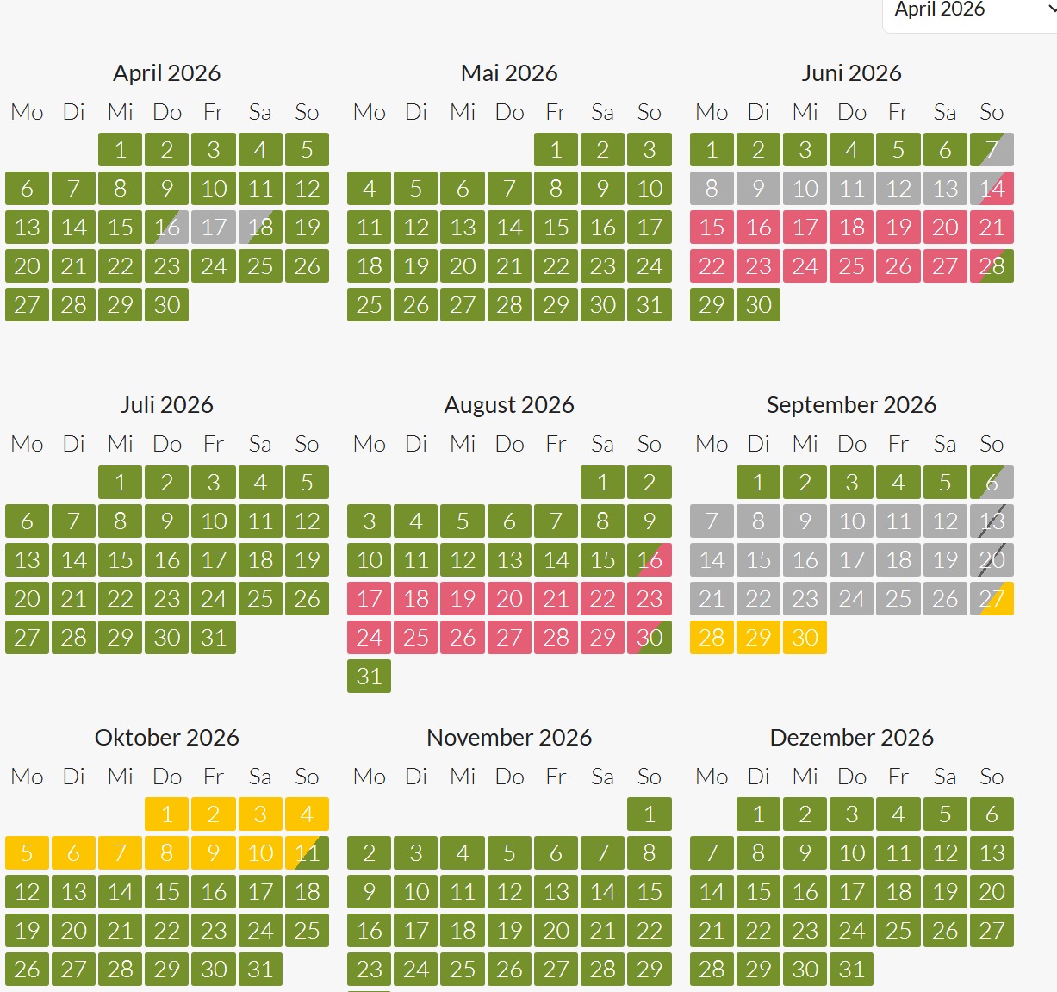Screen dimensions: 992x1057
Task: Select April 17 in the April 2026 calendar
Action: [x=214, y=228]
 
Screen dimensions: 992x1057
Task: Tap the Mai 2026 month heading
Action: [x=509, y=73]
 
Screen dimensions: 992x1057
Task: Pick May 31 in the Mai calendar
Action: [x=650, y=305]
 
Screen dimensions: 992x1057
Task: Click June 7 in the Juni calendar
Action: [x=992, y=150]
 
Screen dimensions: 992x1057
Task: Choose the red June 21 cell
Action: [x=992, y=228]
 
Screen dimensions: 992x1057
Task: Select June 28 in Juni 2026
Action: [x=992, y=266]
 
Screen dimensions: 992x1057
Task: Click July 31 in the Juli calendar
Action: [x=214, y=638]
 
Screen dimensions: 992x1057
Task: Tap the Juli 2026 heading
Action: [x=167, y=405]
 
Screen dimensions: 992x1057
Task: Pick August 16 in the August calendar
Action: [x=650, y=560]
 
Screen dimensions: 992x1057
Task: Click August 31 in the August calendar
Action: [x=370, y=677]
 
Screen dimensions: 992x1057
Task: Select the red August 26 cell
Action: [x=463, y=638]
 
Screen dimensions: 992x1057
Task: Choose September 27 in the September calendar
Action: [x=992, y=599]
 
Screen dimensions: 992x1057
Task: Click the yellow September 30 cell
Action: [x=805, y=638]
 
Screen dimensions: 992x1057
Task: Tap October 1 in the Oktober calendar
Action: [x=167, y=814]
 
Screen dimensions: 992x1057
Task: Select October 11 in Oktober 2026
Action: [x=307, y=853]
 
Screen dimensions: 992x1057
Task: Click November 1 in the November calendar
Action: [x=650, y=814]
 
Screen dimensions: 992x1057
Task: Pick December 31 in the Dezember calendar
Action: [x=852, y=970]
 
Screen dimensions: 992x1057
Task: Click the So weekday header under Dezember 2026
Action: [x=992, y=777]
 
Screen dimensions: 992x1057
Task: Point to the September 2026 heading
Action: [x=851, y=405]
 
